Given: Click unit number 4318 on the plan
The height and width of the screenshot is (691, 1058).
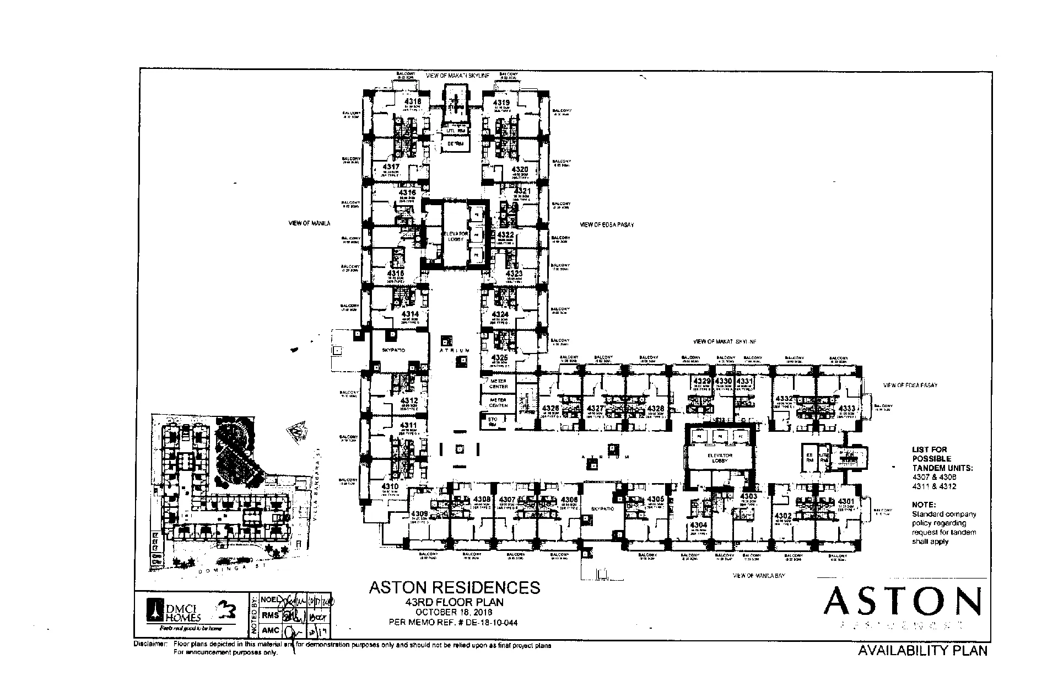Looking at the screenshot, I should click(413, 102).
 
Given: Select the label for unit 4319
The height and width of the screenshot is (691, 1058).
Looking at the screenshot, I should click(501, 103).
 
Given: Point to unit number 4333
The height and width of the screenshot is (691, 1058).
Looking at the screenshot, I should click(847, 409).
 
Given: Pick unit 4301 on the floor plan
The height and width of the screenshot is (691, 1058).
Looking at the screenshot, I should click(846, 501).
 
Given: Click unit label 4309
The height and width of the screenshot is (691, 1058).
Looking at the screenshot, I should click(419, 514).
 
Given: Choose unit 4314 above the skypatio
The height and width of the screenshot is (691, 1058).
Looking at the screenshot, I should click(410, 314).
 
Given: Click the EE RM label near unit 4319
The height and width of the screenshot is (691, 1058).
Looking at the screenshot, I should click(455, 144).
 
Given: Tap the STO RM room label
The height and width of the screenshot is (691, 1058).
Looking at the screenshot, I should click(493, 422).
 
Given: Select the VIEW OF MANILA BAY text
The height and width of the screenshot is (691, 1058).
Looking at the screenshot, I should click(759, 576).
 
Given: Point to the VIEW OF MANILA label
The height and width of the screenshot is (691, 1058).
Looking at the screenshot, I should click(309, 223).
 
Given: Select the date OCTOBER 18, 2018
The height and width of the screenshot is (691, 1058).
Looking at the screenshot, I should click(454, 613).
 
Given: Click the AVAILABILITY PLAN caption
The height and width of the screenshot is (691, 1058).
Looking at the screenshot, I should click(922, 651).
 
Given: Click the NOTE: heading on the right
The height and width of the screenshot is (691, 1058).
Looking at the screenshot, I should click(924, 505).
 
